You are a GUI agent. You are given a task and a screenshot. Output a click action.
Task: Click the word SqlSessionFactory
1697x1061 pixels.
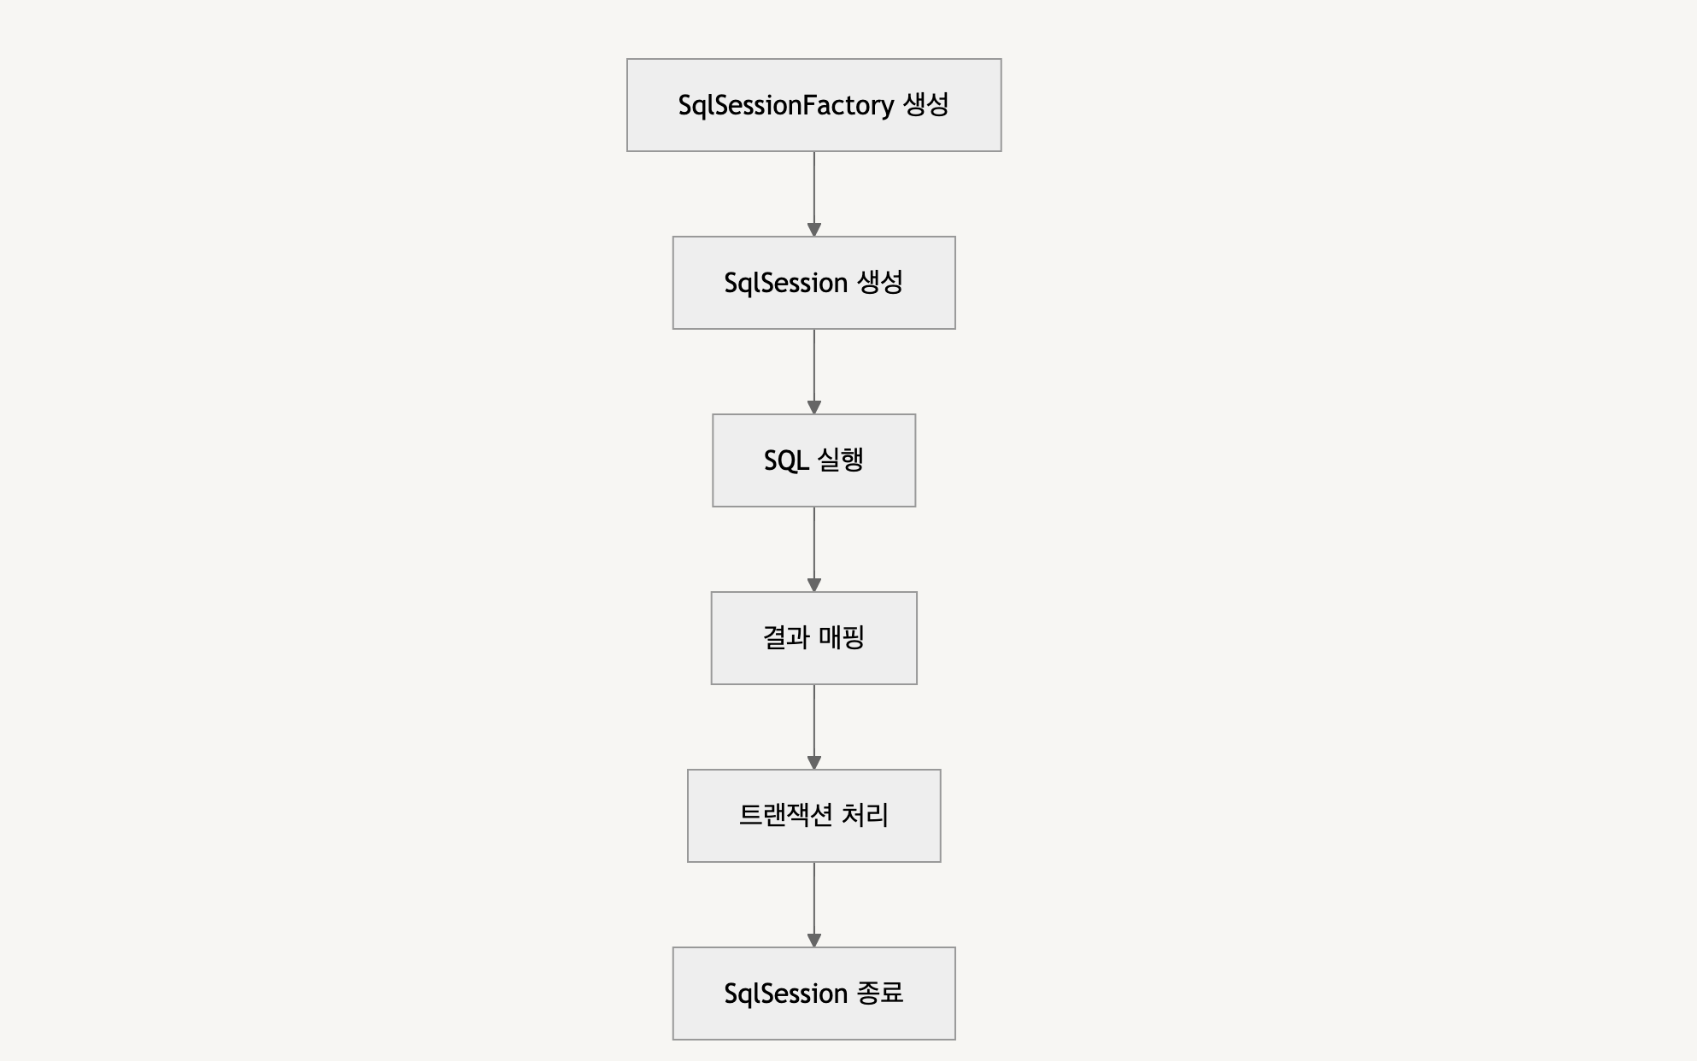point(785,105)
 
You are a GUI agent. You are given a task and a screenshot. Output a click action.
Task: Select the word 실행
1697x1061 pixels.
point(841,460)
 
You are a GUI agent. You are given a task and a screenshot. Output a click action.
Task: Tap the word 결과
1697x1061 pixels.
point(785,637)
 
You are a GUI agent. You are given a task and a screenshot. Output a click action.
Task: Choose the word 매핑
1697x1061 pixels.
point(842,637)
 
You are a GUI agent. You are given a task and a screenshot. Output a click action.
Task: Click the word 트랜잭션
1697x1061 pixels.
point(784,815)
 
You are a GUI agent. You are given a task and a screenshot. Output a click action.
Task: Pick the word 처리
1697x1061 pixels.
point(865,815)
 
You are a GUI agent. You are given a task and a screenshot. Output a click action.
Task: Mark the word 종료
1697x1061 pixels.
point(879,993)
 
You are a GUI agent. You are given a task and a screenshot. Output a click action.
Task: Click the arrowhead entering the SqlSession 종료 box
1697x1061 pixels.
point(813,941)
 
